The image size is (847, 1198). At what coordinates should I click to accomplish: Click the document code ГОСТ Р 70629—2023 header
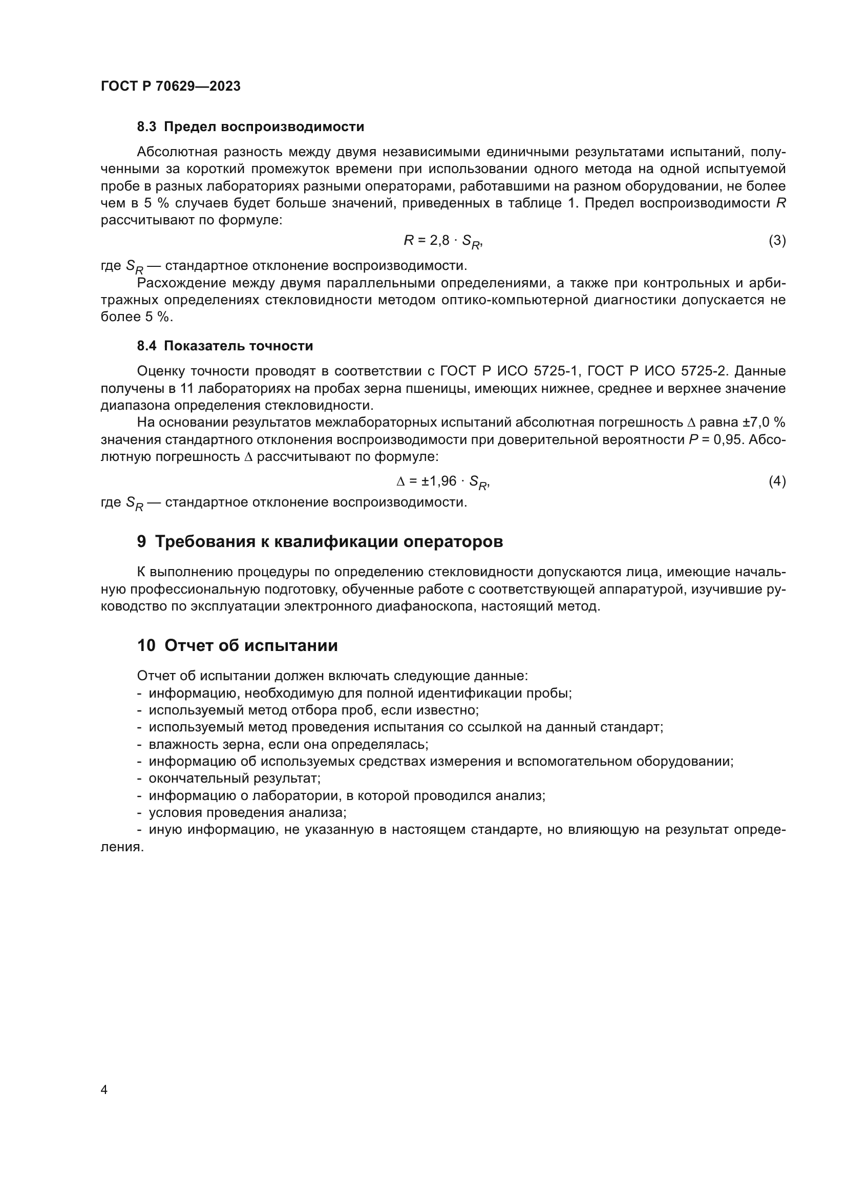click(x=171, y=87)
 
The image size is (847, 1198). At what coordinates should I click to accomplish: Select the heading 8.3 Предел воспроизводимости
click(x=250, y=127)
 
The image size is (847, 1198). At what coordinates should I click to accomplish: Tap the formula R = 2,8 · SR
click(x=443, y=241)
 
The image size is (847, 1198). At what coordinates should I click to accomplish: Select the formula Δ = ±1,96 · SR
click(x=443, y=481)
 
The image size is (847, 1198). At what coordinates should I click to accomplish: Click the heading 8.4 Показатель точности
click(x=225, y=346)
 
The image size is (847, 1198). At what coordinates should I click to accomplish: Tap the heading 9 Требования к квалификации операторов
click(x=320, y=541)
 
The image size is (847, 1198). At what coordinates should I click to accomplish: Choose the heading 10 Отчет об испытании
click(x=237, y=645)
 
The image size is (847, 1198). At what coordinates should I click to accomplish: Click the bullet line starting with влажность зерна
click(x=288, y=745)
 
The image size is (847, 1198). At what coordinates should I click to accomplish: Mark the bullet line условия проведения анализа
click(x=247, y=813)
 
